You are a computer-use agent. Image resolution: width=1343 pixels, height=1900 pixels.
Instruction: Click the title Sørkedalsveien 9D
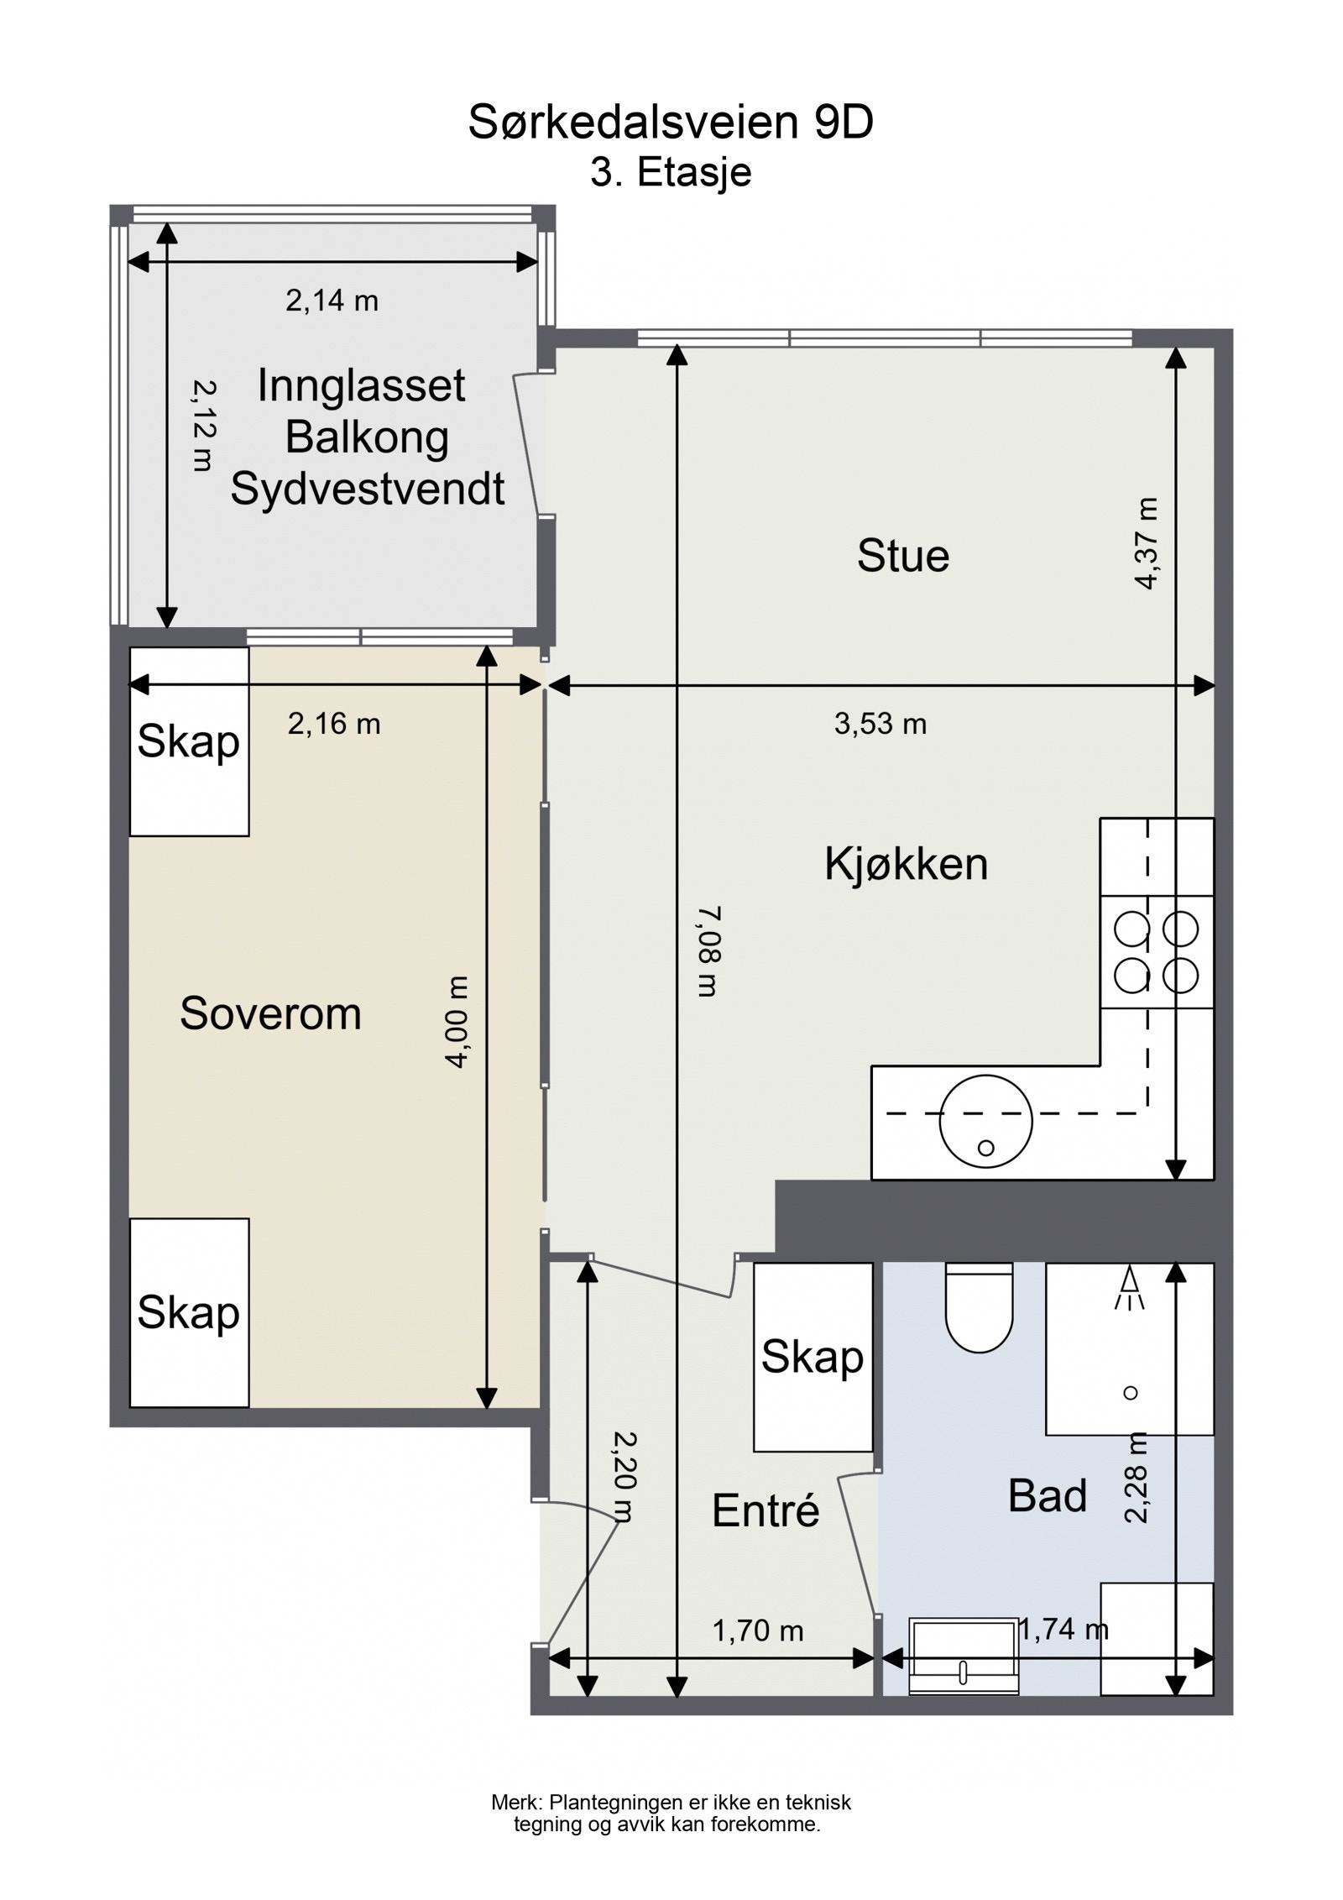tap(671, 123)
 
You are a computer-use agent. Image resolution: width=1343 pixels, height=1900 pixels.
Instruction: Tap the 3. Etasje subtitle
tap(671, 173)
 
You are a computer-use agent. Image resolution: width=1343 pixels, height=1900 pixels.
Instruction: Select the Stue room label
tap(902, 556)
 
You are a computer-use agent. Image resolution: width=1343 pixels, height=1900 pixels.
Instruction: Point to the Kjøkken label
tap(906, 864)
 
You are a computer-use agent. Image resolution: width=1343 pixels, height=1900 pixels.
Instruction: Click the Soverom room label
tap(270, 1013)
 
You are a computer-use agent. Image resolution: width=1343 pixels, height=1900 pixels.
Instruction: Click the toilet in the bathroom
tap(979, 1309)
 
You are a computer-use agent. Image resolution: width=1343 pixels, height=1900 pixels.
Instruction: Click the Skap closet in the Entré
tap(812, 1358)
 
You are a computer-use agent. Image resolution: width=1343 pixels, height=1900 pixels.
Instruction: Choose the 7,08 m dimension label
tap(707, 951)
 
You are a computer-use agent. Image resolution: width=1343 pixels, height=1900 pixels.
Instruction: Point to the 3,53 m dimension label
tap(880, 724)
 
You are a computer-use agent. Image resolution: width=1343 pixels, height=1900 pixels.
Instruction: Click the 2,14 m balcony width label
tap(332, 301)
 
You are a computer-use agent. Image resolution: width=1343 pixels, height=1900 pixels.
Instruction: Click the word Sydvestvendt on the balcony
tap(368, 489)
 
